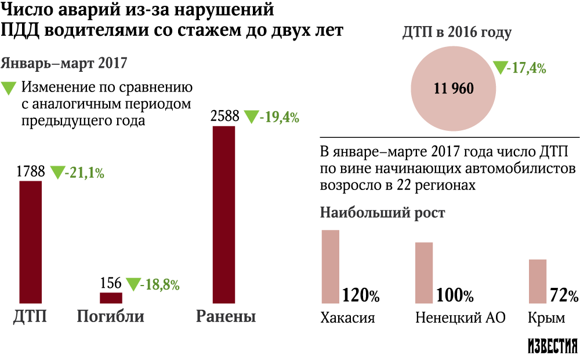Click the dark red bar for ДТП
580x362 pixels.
tap(31, 242)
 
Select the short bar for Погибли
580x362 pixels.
tap(111, 298)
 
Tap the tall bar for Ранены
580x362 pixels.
tap(224, 214)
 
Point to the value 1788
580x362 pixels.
tap(30, 172)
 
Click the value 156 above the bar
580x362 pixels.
tap(110, 283)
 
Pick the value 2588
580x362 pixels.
tap(224, 116)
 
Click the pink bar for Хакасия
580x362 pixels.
tap(331, 266)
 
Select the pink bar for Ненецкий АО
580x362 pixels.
tap(425, 272)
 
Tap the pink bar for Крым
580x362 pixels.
tap(538, 281)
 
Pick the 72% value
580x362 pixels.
tap(564, 296)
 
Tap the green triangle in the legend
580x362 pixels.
tap(10, 88)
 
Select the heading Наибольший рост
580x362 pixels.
tap(383, 213)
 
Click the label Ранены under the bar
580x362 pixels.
tap(226, 317)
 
